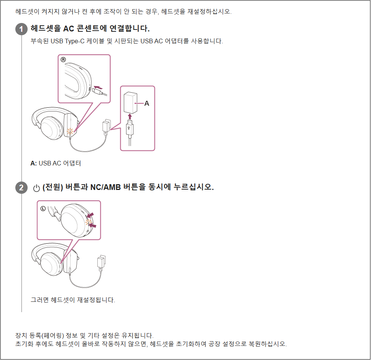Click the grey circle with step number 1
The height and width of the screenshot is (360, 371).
point(21,29)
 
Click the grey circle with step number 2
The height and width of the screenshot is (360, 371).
point(21,188)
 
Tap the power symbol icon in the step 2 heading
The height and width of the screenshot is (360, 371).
point(36,188)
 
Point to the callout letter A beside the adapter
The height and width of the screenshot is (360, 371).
point(147,103)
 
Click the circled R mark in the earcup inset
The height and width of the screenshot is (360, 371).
point(63,60)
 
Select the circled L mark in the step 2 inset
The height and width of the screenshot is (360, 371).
point(43,208)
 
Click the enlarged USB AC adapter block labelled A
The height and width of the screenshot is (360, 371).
point(130,103)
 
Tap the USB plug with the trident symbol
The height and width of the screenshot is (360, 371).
point(130,129)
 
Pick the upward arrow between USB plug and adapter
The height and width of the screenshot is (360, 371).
point(130,116)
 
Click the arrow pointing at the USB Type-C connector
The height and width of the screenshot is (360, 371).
point(98,87)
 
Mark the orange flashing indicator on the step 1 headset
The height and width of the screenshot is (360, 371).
point(70,131)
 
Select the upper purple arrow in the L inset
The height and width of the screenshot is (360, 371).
point(90,215)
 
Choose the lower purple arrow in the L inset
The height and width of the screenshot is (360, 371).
point(93,226)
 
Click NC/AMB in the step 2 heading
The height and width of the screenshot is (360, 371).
point(105,187)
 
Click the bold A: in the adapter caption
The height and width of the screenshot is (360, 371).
point(34,163)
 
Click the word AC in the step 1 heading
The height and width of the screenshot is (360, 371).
point(69,29)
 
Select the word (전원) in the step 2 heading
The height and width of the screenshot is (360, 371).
point(53,187)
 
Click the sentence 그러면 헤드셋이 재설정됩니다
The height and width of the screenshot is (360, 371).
point(73,300)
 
